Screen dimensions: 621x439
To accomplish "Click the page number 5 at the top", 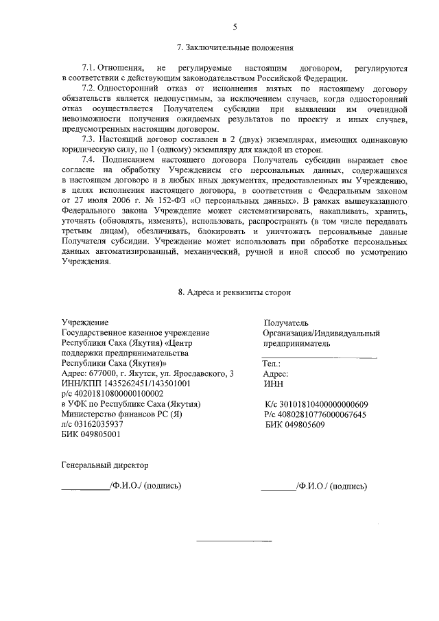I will (x=235, y=27).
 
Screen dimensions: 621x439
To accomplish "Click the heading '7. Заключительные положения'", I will (x=235, y=48).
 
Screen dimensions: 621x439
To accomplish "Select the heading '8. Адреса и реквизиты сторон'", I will (x=235, y=291).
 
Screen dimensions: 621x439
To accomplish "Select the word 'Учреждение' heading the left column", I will (x=85, y=323).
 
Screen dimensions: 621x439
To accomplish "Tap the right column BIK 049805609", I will (x=295, y=425).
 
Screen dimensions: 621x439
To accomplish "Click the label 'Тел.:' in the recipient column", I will (x=272, y=364).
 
